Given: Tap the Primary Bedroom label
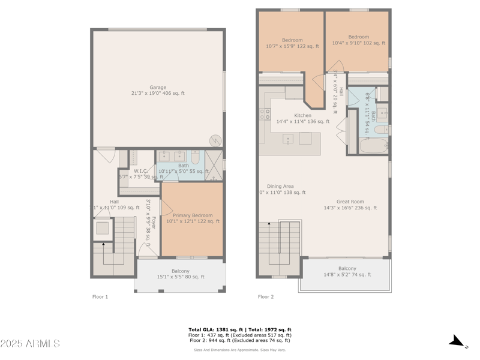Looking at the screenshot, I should pos(193,215).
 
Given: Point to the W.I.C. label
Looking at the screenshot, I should pos(141,171).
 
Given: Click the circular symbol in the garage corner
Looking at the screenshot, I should pos(215,140).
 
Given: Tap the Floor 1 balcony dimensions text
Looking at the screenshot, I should pos(181,277).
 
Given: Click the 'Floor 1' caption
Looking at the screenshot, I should pos(100,296).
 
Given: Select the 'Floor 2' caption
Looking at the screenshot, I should pos(266,296).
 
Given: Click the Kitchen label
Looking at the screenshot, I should pos(302,116).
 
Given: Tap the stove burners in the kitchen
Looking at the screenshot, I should pos(265,113).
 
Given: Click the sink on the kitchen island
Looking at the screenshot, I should pos(289,139).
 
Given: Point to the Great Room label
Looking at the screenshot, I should pos(350,202).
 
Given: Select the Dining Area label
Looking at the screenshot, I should pos(280,187).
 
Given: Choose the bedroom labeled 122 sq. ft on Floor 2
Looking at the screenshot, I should pos(292,43).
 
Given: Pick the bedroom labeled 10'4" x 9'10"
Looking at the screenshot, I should pos(359,40).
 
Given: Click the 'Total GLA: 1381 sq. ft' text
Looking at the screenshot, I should pos(216,329).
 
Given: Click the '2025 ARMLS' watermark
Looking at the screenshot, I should pos(30,343).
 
